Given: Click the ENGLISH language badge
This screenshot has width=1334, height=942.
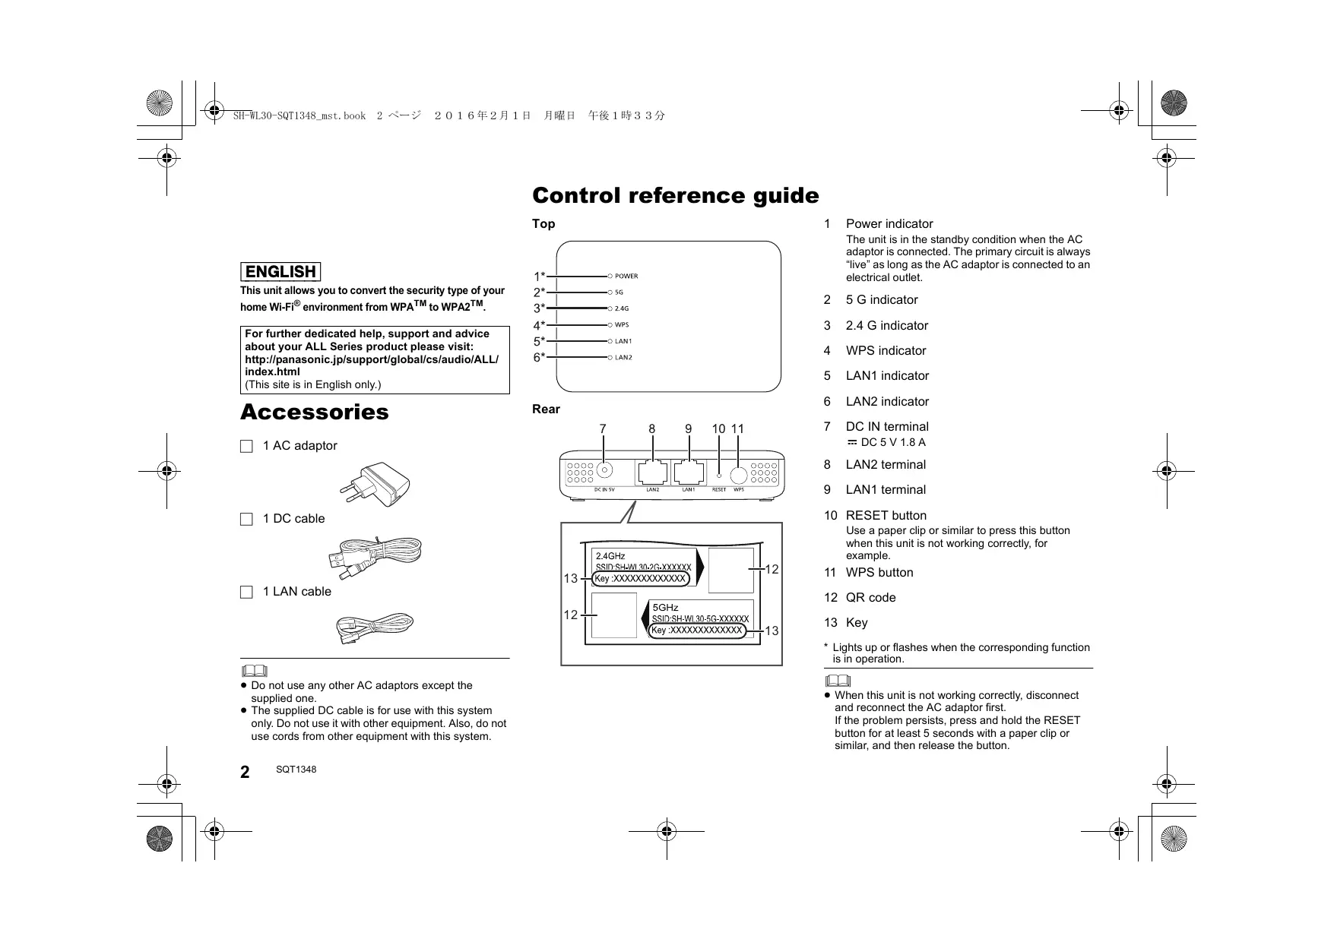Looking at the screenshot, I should pos(280,272).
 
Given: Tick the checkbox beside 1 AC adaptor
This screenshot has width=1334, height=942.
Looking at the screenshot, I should pos(246,447).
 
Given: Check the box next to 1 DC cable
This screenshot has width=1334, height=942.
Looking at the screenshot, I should pos(246,520).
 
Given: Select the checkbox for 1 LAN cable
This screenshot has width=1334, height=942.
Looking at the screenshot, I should pos(246,593).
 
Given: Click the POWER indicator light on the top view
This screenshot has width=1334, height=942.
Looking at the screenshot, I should pos(610,277).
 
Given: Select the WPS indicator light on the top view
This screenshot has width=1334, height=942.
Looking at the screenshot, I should pos(610,325).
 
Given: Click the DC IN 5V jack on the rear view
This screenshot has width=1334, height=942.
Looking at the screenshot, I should pos(604,470).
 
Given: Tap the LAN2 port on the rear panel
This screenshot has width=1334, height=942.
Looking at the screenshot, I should pos(653,473).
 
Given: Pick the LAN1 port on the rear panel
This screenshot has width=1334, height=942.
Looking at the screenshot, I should pos(689,473).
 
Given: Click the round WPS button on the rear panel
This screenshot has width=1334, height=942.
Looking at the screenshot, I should pos(738,475).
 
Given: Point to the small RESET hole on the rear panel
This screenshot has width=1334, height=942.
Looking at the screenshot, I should pos(719,476).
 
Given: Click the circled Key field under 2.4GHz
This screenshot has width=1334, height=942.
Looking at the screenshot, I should pos(641,579).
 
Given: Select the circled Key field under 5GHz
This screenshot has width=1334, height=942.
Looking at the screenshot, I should pos(697,631).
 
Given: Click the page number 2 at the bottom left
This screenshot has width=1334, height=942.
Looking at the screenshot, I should pos(245,773).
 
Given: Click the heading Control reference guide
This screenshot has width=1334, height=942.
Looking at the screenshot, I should pos(675,196).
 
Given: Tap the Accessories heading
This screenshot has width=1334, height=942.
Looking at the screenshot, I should pos(314,413).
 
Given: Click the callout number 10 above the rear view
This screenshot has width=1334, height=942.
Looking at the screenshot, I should pos(718,429).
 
